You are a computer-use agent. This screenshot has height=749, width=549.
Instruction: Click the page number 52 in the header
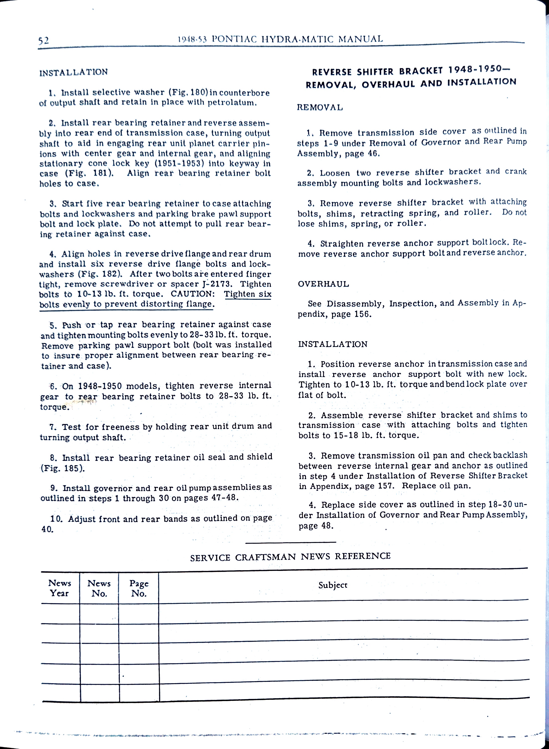coord(44,41)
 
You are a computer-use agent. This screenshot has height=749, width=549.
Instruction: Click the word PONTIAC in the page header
coord(234,39)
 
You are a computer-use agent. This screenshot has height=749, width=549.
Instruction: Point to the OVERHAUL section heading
coord(323,284)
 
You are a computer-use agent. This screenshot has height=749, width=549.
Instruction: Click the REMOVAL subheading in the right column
coord(320,107)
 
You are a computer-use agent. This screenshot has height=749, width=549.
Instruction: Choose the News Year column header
coord(60,588)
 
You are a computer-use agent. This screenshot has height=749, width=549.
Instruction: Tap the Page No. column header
coord(139,588)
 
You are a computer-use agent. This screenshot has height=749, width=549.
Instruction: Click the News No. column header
coord(99,588)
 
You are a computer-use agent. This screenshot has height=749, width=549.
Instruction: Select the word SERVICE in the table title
coord(210,558)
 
